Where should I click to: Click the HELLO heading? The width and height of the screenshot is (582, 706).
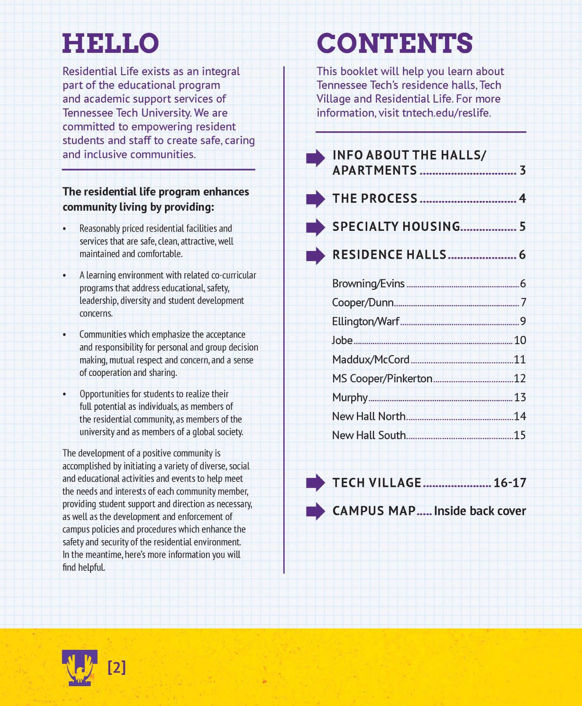click(110, 43)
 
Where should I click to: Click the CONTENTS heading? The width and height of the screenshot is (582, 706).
click(394, 43)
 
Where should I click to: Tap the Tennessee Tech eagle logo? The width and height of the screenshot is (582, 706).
click(80, 668)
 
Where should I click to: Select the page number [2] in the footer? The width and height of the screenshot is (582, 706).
click(117, 668)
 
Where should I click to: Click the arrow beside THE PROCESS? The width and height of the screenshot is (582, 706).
click(315, 199)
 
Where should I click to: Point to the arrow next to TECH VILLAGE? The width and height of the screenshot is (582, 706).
click(315, 483)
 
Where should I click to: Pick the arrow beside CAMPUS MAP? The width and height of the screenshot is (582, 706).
click(315, 511)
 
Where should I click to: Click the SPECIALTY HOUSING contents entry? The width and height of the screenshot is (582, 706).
click(396, 226)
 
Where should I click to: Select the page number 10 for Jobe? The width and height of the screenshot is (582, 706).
click(520, 340)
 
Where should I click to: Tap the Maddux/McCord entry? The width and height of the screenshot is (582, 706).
click(371, 359)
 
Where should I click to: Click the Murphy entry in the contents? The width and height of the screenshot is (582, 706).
click(350, 397)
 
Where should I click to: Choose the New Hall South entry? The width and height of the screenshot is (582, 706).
click(369, 435)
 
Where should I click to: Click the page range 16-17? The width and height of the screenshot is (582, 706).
click(510, 483)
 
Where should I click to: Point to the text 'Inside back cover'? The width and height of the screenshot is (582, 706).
click(480, 511)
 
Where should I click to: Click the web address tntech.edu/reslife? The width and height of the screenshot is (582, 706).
click(446, 113)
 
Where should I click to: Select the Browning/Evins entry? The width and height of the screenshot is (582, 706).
click(368, 283)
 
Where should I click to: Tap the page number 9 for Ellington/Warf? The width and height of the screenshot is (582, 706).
click(523, 321)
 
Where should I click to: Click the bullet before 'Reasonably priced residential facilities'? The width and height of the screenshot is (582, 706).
click(64, 229)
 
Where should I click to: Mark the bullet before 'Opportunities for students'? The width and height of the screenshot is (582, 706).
click(64, 394)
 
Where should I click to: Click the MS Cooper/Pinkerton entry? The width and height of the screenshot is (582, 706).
click(382, 378)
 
